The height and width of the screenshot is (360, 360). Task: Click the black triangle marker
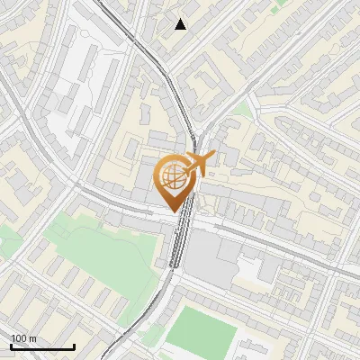pos(181,24)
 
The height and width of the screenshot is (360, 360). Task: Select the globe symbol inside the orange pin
pos(175,180)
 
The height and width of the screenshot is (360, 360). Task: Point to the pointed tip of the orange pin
pos(175,212)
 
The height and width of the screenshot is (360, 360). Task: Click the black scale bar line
pos(42,346)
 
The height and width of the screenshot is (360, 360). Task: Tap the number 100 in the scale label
pos(20,338)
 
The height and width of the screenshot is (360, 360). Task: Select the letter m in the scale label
pos(33,338)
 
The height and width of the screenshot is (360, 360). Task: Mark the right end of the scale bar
pos(74,346)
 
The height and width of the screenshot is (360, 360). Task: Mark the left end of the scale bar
pos(11,346)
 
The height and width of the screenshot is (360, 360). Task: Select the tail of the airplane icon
pos(185,170)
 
